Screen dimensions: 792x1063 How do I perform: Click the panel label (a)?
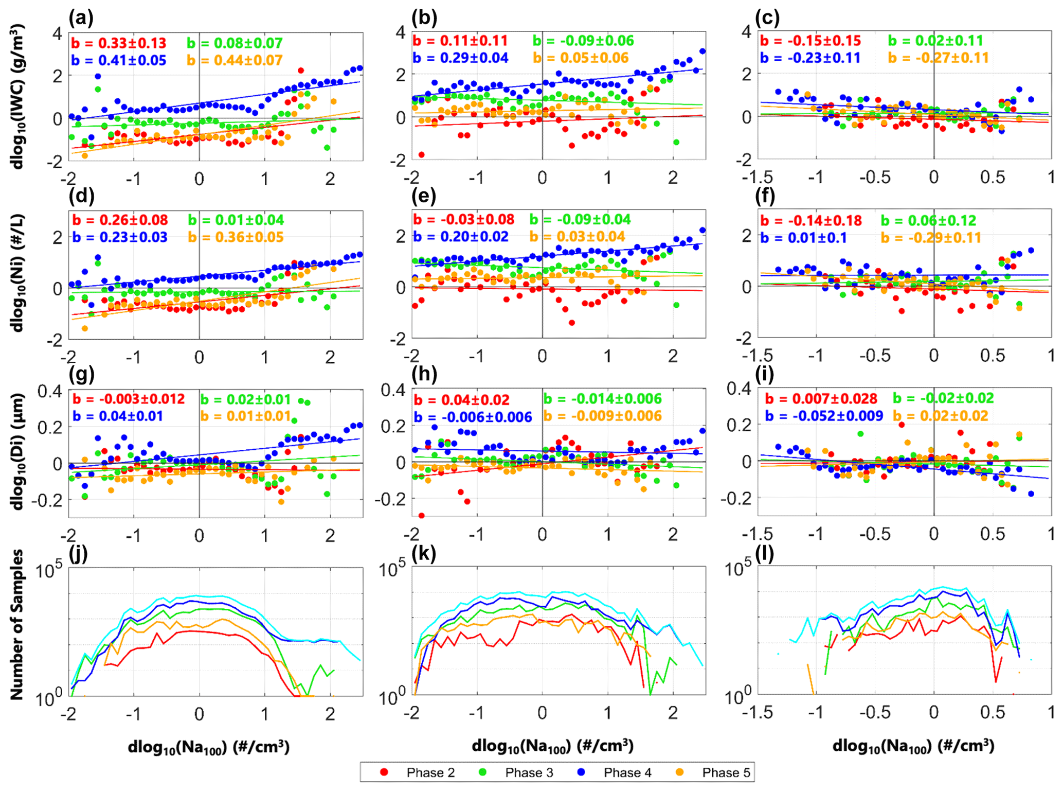coord(81,19)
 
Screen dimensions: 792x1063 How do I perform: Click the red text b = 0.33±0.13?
coord(119,43)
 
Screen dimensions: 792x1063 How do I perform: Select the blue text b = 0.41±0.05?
coord(119,61)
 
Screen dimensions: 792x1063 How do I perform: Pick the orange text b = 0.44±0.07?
coord(235,61)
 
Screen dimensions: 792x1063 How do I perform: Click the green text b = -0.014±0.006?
coord(603,399)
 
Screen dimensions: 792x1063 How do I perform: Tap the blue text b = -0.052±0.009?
coord(824,416)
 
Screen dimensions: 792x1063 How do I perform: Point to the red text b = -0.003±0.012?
coord(129,399)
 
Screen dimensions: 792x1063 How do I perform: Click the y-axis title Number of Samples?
coord(17,624)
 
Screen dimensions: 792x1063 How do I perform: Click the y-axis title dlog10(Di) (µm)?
coord(17,451)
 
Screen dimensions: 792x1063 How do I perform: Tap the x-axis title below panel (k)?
coord(552,746)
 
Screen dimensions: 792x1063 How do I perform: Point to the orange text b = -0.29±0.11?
coord(931,238)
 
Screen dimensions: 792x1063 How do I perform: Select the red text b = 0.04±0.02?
coord(462,400)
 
